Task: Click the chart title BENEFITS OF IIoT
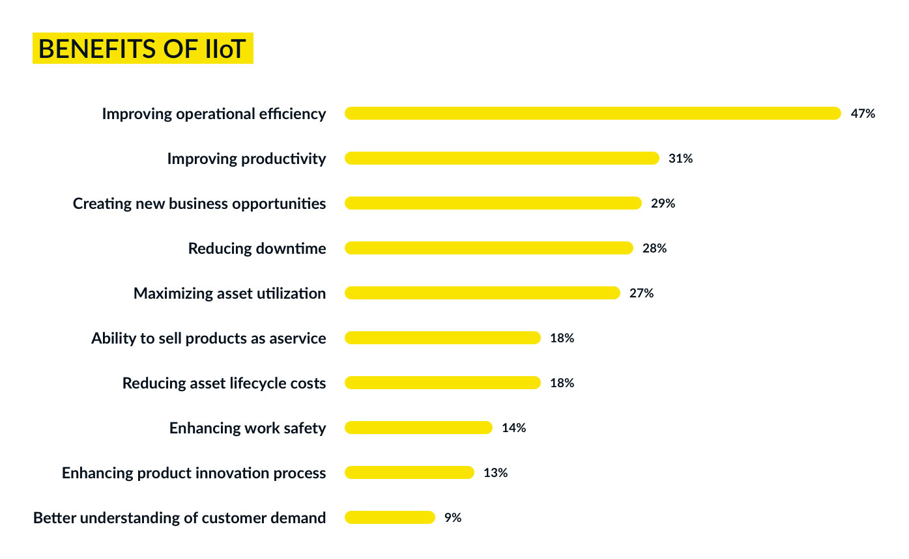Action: (x=143, y=49)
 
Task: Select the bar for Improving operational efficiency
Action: (x=593, y=113)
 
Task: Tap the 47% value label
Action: (x=863, y=113)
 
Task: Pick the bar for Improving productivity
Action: (x=502, y=158)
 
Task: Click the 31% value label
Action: (x=680, y=158)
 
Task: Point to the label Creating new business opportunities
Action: (x=199, y=203)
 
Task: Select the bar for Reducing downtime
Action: (x=489, y=248)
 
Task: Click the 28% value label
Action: (x=654, y=248)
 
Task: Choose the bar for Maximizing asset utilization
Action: (x=482, y=293)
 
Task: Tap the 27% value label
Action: (x=641, y=293)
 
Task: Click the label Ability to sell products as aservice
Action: (x=209, y=338)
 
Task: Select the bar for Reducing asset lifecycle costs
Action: (x=442, y=383)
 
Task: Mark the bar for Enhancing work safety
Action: (x=418, y=428)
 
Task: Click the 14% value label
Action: (x=513, y=428)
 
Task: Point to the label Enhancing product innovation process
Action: (x=194, y=472)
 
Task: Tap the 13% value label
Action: (x=495, y=472)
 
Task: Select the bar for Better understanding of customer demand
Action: (x=390, y=517)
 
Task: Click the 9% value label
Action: (x=453, y=517)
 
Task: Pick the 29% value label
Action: (x=663, y=203)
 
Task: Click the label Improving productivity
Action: (x=246, y=158)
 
